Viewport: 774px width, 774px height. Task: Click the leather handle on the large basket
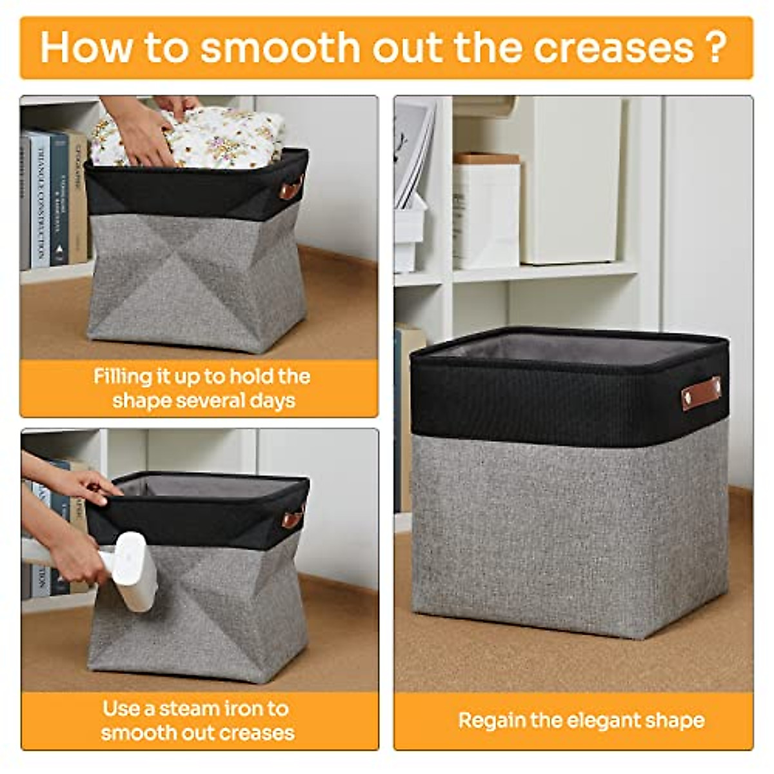(700, 393)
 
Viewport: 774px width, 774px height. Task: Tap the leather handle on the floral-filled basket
(290, 189)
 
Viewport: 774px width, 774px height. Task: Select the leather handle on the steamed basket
(292, 517)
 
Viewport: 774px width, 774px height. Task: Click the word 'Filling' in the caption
(124, 377)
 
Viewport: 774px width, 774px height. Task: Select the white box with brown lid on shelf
(486, 210)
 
